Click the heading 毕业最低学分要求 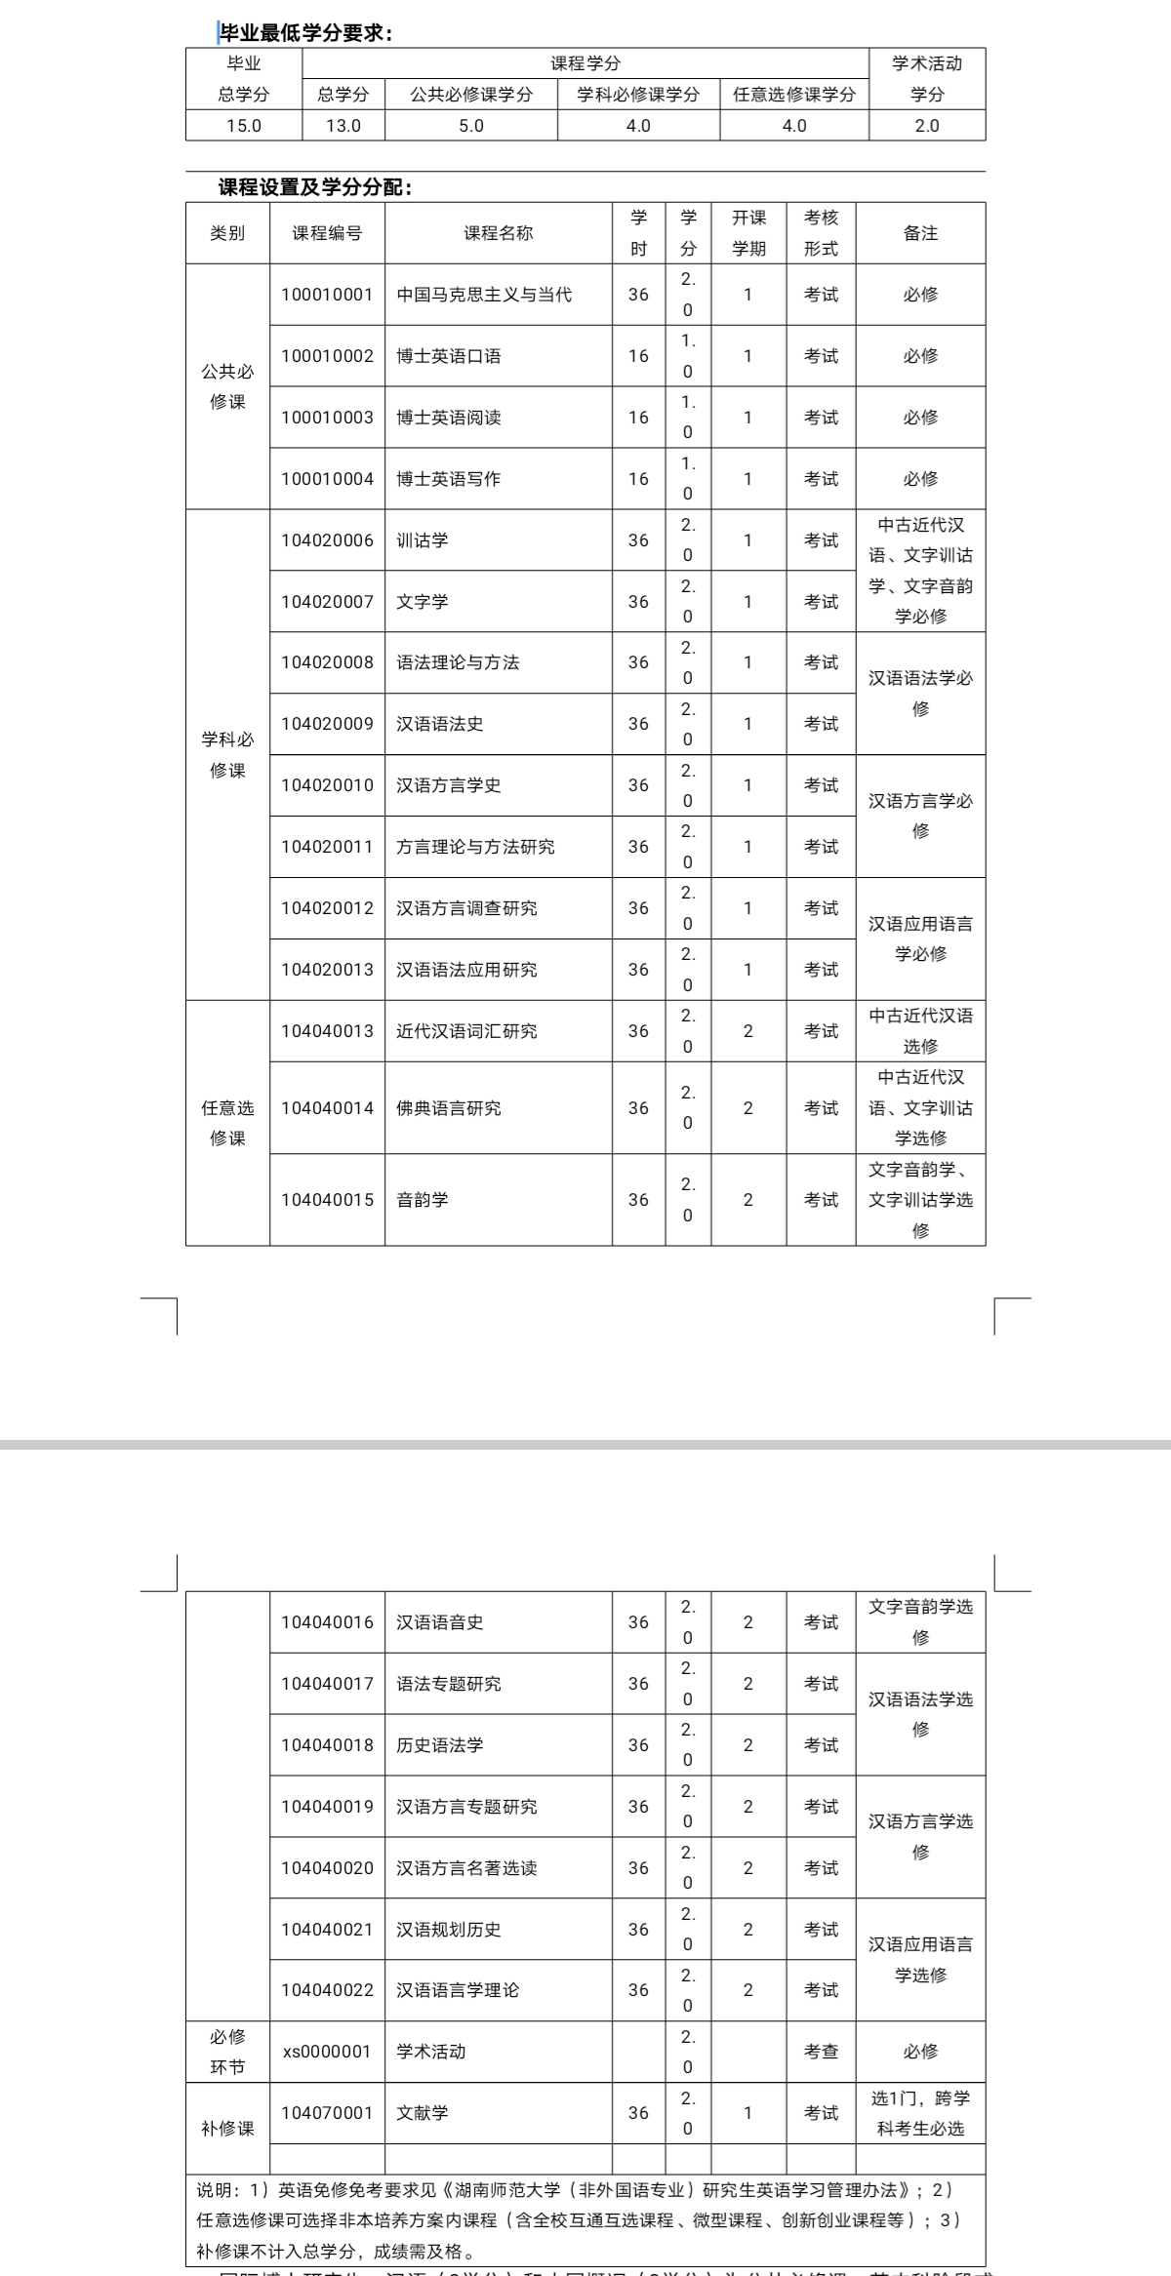tap(304, 33)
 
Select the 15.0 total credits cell tap(244, 126)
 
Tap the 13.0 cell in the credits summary tap(343, 126)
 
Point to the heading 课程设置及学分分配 tap(314, 187)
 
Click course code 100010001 tap(327, 295)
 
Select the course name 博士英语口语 tap(449, 356)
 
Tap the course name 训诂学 tap(423, 540)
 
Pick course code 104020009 tap(327, 724)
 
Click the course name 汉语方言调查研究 tap(466, 908)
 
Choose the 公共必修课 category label tap(227, 386)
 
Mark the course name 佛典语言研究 tap(449, 1108)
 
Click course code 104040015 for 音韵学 tap(327, 1200)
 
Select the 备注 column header tap(920, 233)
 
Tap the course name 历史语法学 tap(440, 1745)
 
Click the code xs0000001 tap(327, 2052)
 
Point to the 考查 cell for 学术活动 tap(821, 2052)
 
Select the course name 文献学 tap(423, 2113)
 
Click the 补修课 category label tap(227, 2129)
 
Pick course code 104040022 tap(327, 1990)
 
